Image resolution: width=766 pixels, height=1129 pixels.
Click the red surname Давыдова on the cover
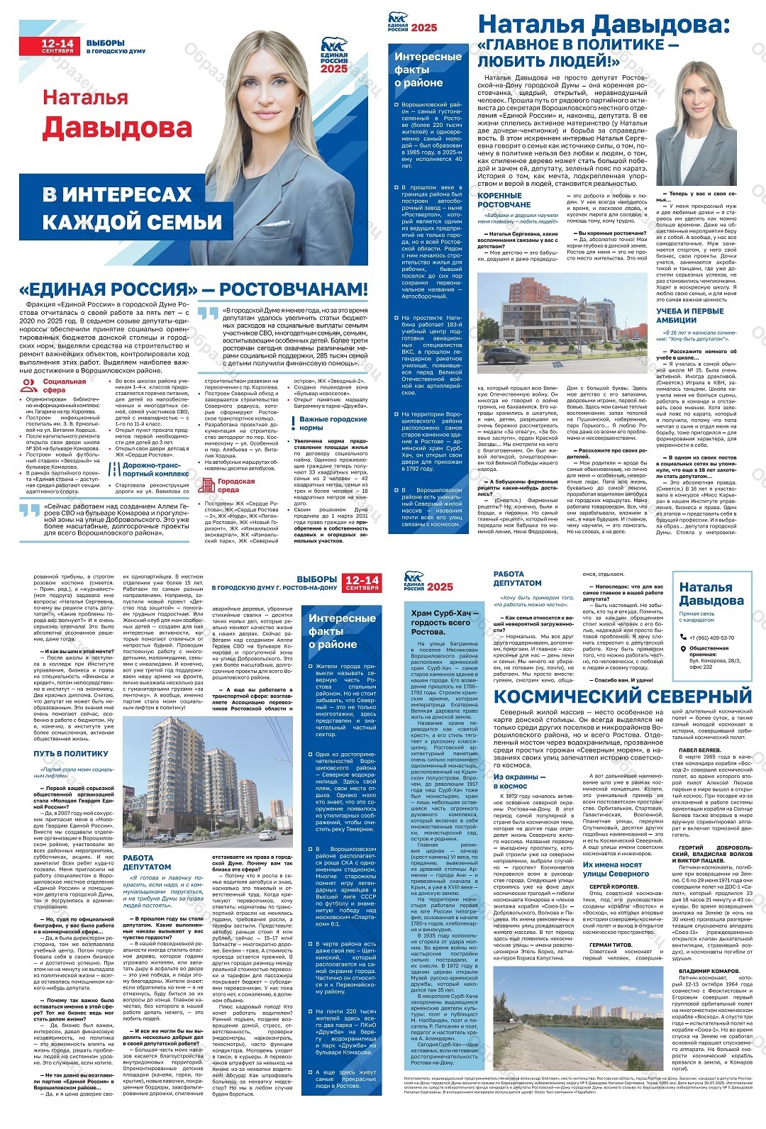117,128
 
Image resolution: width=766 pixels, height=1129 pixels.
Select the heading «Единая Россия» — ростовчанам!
194,289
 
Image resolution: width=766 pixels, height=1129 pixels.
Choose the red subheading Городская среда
235,485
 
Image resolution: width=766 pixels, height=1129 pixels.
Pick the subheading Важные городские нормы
333,423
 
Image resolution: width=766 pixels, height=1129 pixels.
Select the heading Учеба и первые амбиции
690,315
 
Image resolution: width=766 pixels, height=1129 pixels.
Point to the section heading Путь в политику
71,753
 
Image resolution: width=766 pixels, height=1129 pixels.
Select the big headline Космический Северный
622,696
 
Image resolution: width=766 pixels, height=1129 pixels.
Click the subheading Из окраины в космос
520,781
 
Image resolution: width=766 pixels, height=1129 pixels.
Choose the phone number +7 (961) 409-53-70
711,638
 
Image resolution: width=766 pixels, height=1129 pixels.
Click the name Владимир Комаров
709,971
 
